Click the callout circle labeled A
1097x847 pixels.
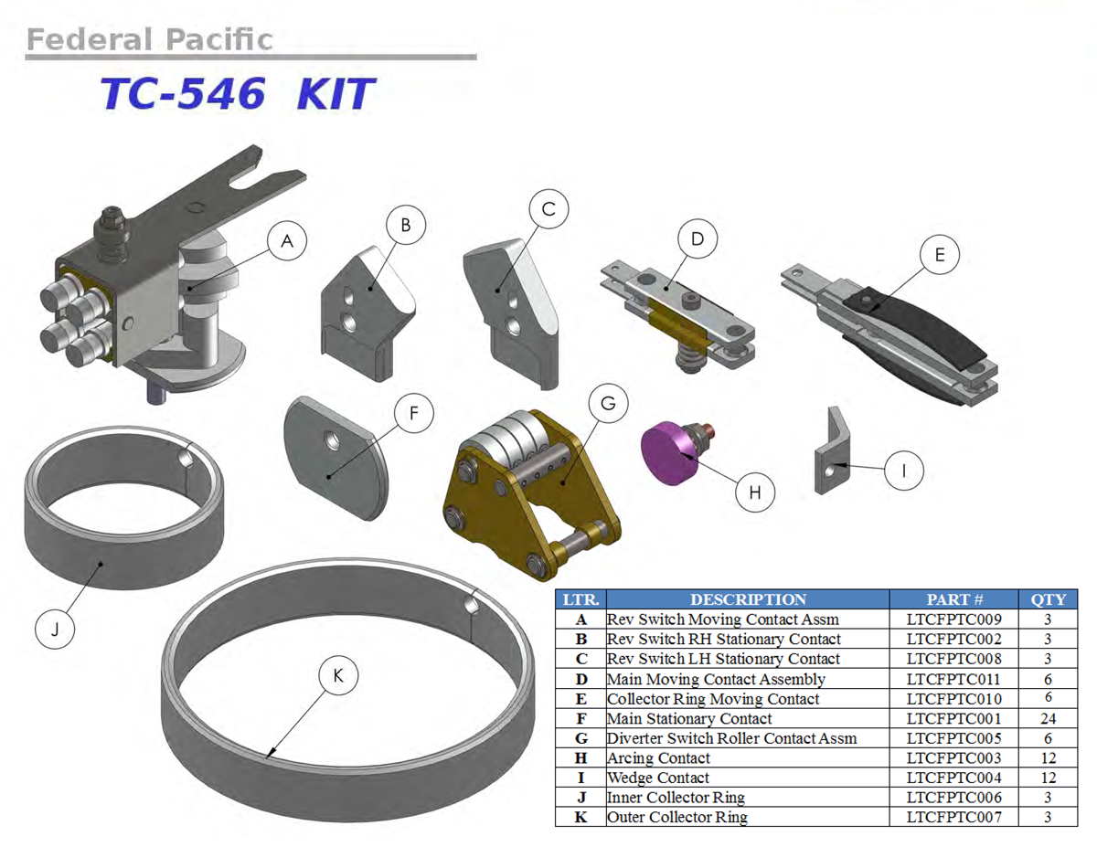[x=287, y=240]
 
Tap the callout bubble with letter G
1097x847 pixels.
[x=608, y=404]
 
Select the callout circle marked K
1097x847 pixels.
[x=338, y=675]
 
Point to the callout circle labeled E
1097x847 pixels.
[x=940, y=255]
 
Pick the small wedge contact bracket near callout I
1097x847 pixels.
[x=832, y=450]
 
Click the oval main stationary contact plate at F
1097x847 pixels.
[x=336, y=458]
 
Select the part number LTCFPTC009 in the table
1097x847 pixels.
[x=953, y=619]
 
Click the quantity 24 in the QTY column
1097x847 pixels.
[x=1048, y=718]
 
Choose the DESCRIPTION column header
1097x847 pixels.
[x=748, y=599]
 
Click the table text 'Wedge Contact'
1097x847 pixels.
[x=658, y=778]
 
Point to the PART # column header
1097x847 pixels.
[x=954, y=599]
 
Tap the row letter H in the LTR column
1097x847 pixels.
[x=581, y=758]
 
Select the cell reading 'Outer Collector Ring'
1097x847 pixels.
[x=677, y=817]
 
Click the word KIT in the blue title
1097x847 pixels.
[x=335, y=94]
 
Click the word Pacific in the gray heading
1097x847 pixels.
[x=218, y=39]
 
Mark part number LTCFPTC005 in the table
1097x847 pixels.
[x=953, y=738]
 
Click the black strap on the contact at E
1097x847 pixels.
[x=914, y=325]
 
